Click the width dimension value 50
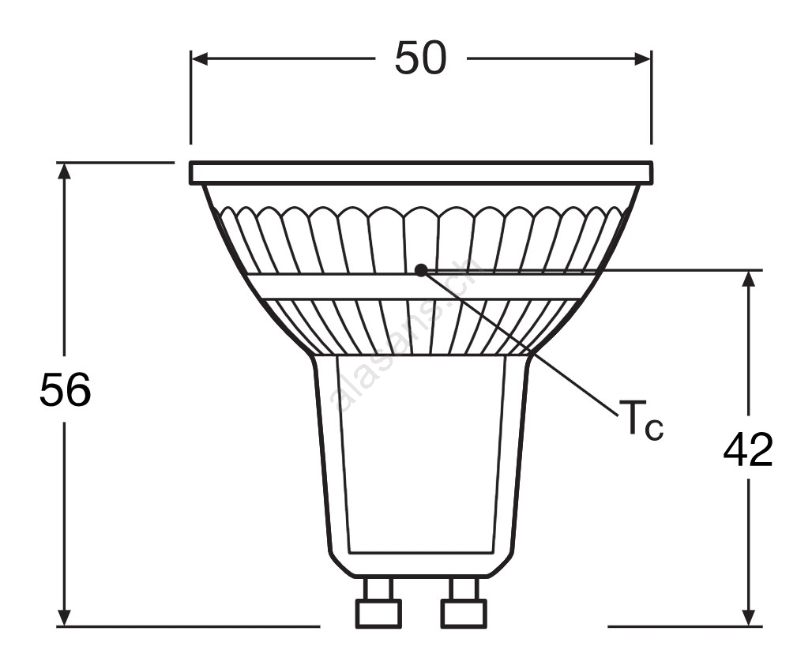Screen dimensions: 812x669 [420, 58]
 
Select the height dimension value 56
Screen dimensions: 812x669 [65, 389]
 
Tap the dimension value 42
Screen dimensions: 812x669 [748, 449]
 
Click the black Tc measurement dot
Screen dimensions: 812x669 [422, 270]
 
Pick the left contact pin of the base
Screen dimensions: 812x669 [378, 603]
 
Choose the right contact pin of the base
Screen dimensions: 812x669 [464, 603]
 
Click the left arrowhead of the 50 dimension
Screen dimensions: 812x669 [200, 58]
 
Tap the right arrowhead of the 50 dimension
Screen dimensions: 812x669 [642, 58]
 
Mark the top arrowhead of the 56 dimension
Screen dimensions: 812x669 [64, 171]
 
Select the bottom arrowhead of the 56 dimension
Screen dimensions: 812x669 [64, 618]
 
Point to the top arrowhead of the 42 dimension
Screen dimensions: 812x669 [748, 279]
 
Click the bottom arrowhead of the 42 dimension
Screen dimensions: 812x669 [748, 618]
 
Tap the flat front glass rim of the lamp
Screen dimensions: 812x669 [420, 172]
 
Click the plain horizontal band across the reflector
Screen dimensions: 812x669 [420, 287]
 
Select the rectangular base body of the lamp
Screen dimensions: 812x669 [420, 466]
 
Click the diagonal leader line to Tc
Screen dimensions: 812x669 [520, 343]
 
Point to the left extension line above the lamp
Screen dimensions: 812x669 [190, 97]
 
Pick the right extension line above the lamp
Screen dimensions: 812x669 [651, 97]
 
